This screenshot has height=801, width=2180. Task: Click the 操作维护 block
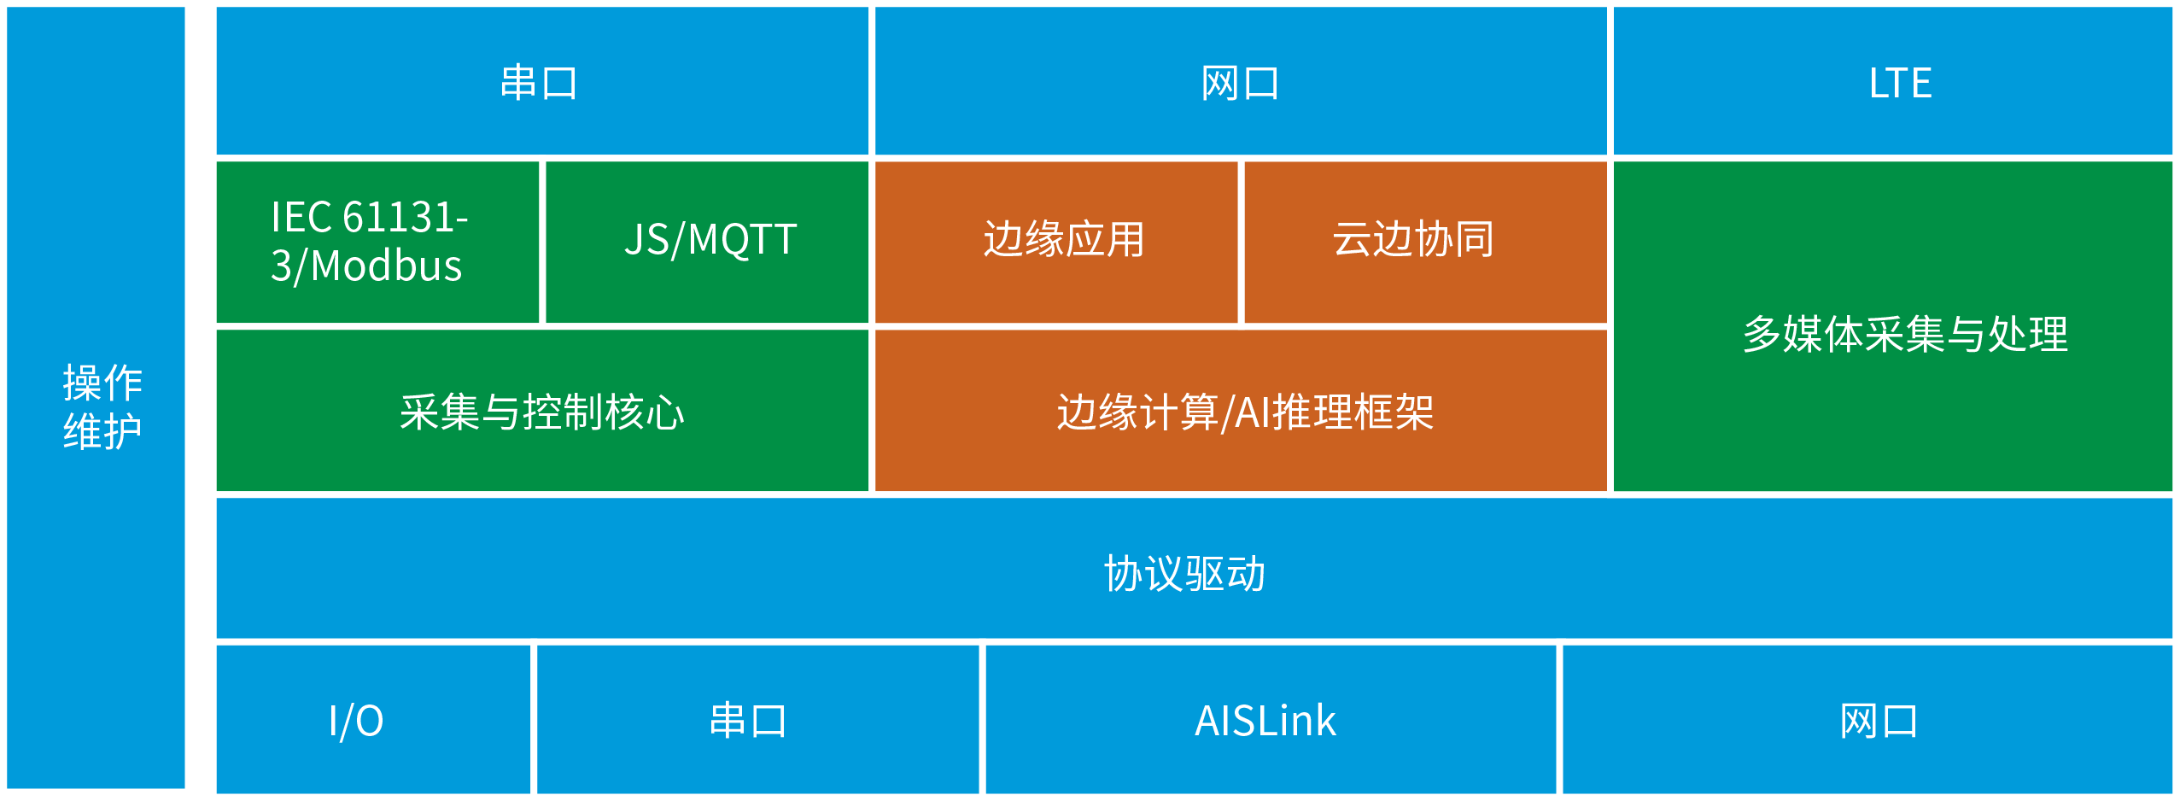coord(96,397)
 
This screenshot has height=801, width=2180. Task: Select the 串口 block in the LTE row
coord(542,81)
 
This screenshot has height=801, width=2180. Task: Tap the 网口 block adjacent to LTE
coord(1241,81)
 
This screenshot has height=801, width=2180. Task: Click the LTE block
coord(1892,81)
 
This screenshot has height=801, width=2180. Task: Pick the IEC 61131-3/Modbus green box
coord(377,242)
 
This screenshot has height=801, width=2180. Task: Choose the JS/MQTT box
coord(707,242)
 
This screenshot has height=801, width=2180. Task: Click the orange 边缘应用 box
coord(1056,242)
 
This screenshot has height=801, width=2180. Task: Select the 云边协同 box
coord(1425,242)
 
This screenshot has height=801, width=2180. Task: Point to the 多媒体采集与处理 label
coord(1905,334)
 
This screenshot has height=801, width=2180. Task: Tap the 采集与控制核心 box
coord(542,411)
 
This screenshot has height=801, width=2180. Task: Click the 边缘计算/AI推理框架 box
coord(1241,411)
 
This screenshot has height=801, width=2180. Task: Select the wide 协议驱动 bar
coord(1195,568)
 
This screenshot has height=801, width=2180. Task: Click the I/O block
coord(373,719)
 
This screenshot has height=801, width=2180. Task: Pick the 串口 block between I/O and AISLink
coord(757,719)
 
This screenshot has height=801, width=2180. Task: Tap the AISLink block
coord(1271,719)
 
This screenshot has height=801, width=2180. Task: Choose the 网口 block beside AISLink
coord(1867,719)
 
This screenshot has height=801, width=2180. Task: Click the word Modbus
coord(386,266)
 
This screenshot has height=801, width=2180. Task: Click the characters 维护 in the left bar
coord(102,431)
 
